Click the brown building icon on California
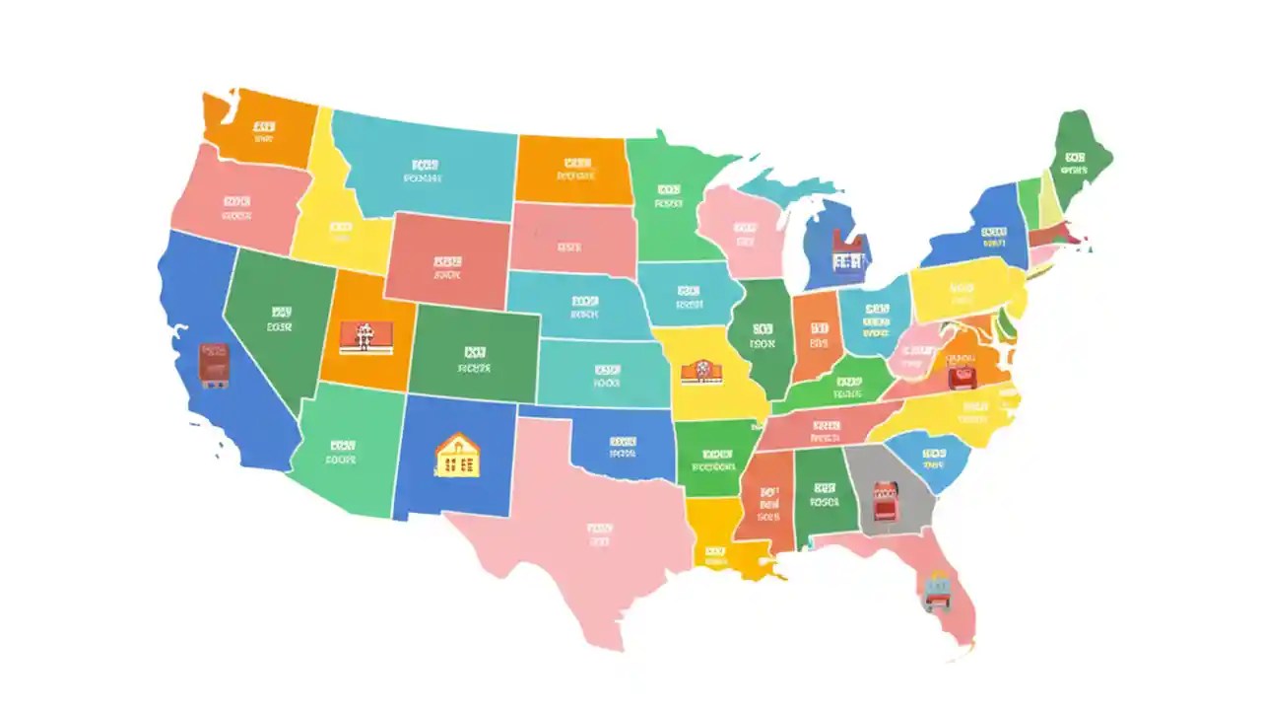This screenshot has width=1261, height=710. coord(215,364)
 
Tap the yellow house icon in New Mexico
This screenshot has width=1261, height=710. coord(457,456)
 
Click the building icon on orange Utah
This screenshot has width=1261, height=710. coord(362,336)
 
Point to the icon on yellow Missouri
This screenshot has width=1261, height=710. coord(701,372)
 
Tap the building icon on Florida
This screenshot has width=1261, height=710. coord(937,590)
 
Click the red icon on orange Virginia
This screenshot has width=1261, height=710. coord(961,375)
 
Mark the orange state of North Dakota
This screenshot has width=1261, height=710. coord(574,170)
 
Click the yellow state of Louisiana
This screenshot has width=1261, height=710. coord(716,537)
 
